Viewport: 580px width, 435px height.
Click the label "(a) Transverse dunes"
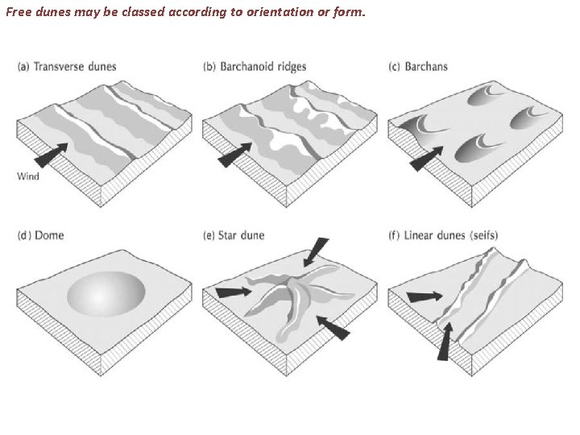pyautogui.click(x=67, y=66)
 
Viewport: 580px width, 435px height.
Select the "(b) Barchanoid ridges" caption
pyautogui.click(x=254, y=66)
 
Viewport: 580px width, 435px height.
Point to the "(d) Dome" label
pyautogui.click(x=40, y=235)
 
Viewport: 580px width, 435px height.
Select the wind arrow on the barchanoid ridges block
pyautogui.click(x=234, y=155)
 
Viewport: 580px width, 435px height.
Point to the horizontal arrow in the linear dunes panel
pyautogui.click(x=425, y=297)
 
